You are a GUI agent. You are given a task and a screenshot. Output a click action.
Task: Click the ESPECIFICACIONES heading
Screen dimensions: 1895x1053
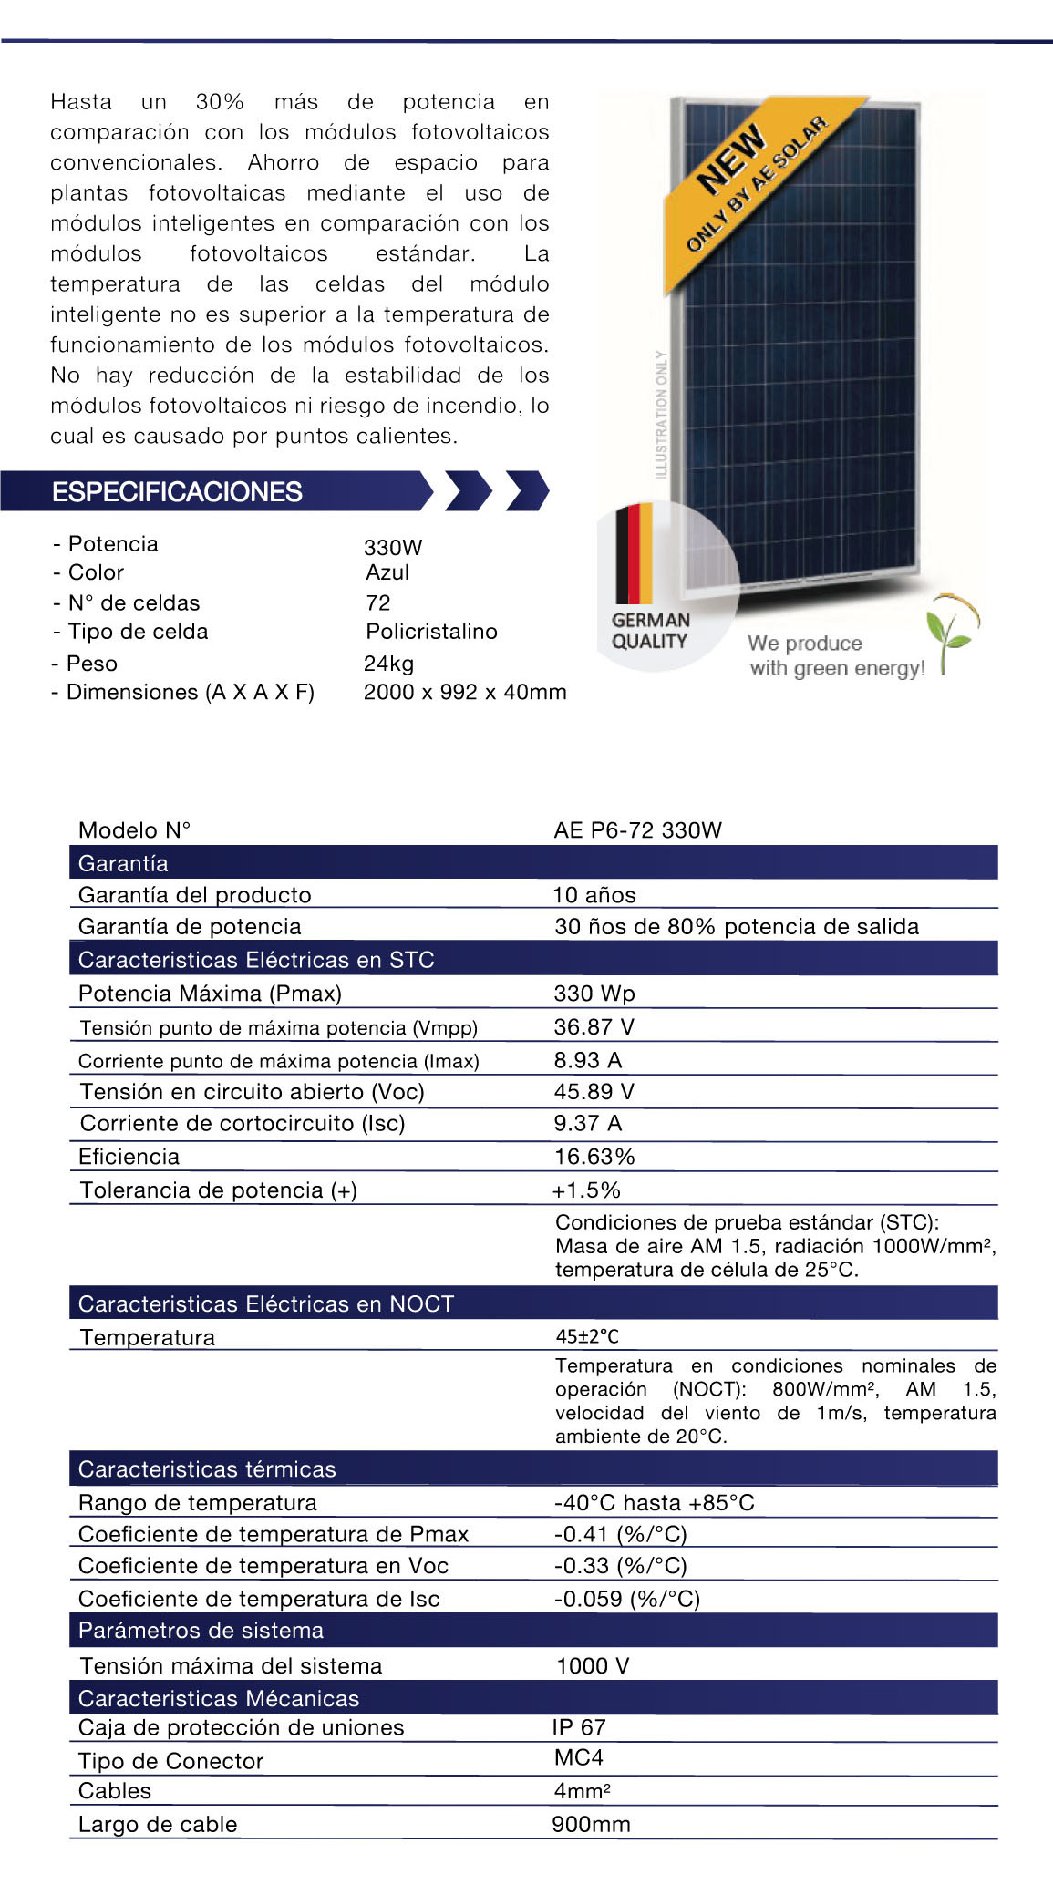pyautogui.click(x=177, y=492)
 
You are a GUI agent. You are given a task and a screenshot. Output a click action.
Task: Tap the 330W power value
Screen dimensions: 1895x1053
pyautogui.click(x=393, y=548)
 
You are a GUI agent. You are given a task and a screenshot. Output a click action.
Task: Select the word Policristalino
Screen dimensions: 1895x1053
pyautogui.click(x=431, y=632)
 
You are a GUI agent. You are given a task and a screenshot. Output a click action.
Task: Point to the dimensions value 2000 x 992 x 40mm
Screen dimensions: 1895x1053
pyautogui.click(x=465, y=693)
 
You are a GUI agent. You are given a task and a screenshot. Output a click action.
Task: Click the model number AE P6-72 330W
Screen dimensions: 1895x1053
pyautogui.click(x=637, y=830)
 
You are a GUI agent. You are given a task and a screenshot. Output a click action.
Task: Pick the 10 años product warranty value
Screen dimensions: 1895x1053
pyautogui.click(x=594, y=895)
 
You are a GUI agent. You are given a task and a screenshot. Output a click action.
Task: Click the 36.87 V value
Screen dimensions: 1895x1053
pyautogui.click(x=594, y=1027)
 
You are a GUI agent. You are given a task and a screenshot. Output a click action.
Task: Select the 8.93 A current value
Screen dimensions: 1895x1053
pyautogui.click(x=588, y=1060)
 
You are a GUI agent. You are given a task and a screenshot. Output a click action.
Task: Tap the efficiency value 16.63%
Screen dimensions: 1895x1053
pyautogui.click(x=594, y=1157)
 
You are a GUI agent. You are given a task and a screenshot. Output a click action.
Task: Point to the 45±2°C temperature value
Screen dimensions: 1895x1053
pyautogui.click(x=587, y=1336)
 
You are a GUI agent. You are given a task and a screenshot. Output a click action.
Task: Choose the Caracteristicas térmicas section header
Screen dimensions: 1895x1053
pyautogui.click(x=207, y=1469)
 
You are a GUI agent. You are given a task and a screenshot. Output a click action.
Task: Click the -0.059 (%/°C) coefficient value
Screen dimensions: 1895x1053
pyautogui.click(x=626, y=1599)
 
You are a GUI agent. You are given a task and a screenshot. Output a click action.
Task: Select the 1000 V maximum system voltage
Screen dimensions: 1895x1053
pyautogui.click(x=593, y=1666)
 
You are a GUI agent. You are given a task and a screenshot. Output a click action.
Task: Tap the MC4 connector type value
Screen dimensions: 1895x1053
pyautogui.click(x=578, y=1757)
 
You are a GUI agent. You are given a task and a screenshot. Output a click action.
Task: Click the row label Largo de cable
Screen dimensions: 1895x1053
pyautogui.click(x=158, y=1824)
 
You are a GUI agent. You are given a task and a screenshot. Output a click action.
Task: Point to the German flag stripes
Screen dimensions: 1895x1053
pyautogui.click(x=634, y=553)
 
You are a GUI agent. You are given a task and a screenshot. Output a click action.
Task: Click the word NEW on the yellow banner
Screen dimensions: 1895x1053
pyautogui.click(x=731, y=159)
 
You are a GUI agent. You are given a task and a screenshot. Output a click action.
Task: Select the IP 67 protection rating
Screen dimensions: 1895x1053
pyautogui.click(x=579, y=1727)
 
